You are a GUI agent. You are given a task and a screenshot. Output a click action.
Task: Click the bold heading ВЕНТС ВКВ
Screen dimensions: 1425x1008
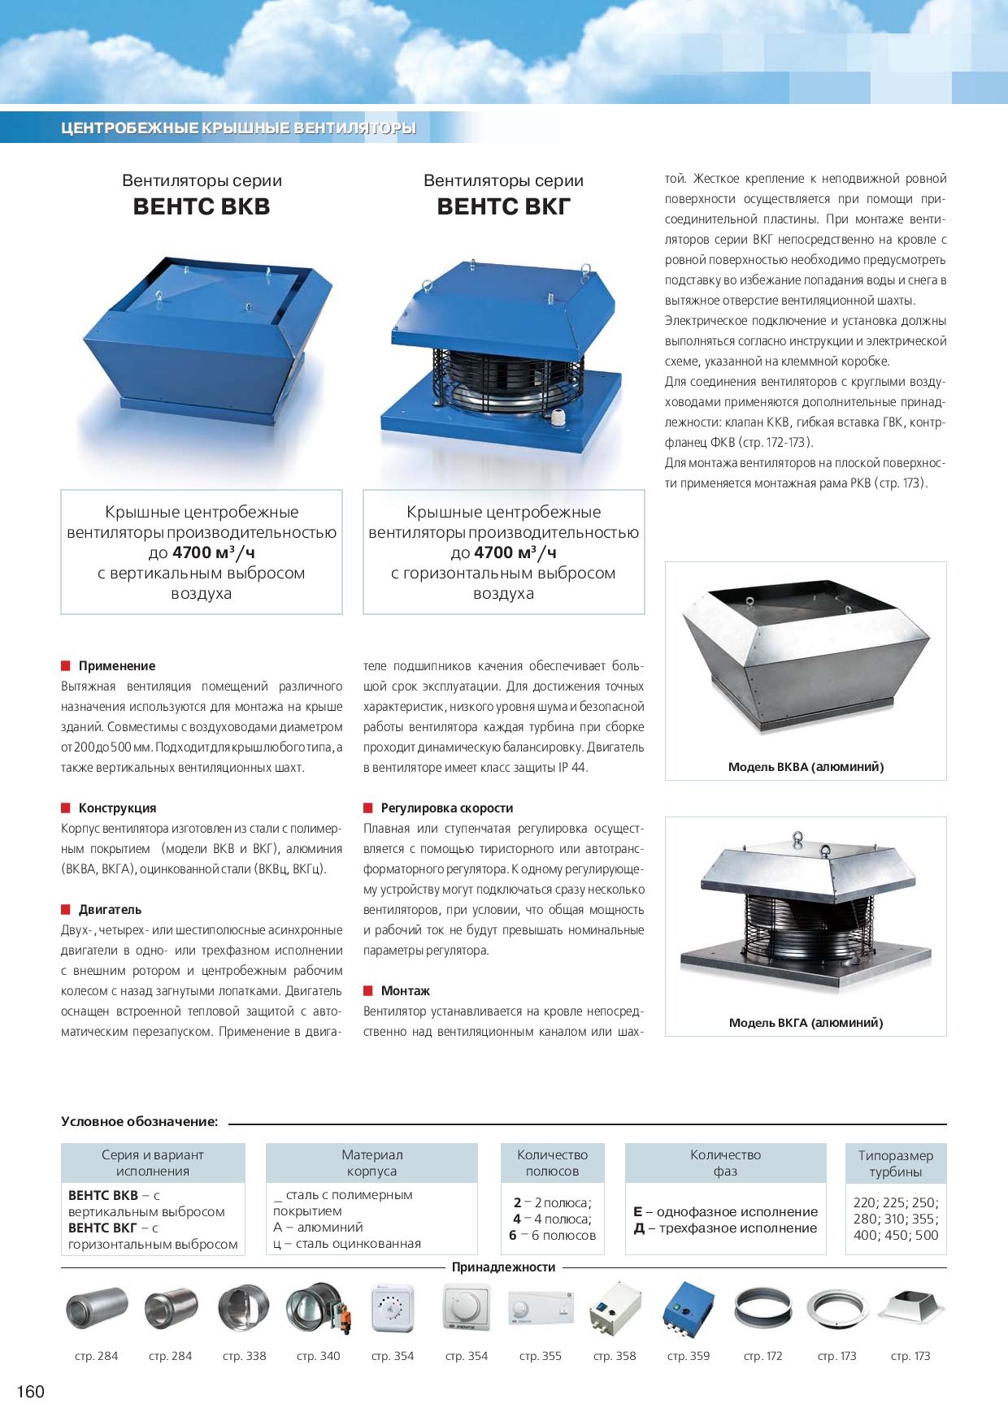202,206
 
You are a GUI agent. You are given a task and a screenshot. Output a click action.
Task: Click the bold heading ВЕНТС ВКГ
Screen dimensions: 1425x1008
504,206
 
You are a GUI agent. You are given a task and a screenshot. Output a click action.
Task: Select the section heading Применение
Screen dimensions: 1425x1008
116,666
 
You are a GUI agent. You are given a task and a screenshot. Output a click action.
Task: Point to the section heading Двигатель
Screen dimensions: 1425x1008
110,910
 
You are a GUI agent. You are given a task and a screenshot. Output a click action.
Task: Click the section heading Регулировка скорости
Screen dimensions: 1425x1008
446,808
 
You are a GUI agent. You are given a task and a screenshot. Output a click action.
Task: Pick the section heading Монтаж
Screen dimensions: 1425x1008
405,991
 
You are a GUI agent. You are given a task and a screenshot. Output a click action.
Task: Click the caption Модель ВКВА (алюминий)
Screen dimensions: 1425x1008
806,767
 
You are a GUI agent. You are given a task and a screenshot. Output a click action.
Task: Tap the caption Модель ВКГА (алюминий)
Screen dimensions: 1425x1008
806,1023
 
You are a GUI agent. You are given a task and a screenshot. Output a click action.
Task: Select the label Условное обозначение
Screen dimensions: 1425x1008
139,1122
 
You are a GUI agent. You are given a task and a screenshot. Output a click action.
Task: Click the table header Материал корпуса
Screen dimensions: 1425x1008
371,1163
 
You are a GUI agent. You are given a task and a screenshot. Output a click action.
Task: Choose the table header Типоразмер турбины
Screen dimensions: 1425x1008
895,1163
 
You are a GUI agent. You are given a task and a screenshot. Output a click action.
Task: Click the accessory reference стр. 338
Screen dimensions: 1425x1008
244,1356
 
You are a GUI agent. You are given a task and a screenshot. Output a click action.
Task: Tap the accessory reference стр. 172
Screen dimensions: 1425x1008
763,1356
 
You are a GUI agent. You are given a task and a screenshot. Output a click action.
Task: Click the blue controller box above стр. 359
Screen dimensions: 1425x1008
688,1310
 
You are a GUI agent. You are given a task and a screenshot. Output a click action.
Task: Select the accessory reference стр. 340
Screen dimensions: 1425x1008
318,1356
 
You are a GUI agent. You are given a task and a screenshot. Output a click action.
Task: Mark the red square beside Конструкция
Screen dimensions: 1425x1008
66,808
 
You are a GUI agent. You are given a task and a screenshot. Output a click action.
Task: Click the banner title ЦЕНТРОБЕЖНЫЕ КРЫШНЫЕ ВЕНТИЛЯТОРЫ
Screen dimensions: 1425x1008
238,128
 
